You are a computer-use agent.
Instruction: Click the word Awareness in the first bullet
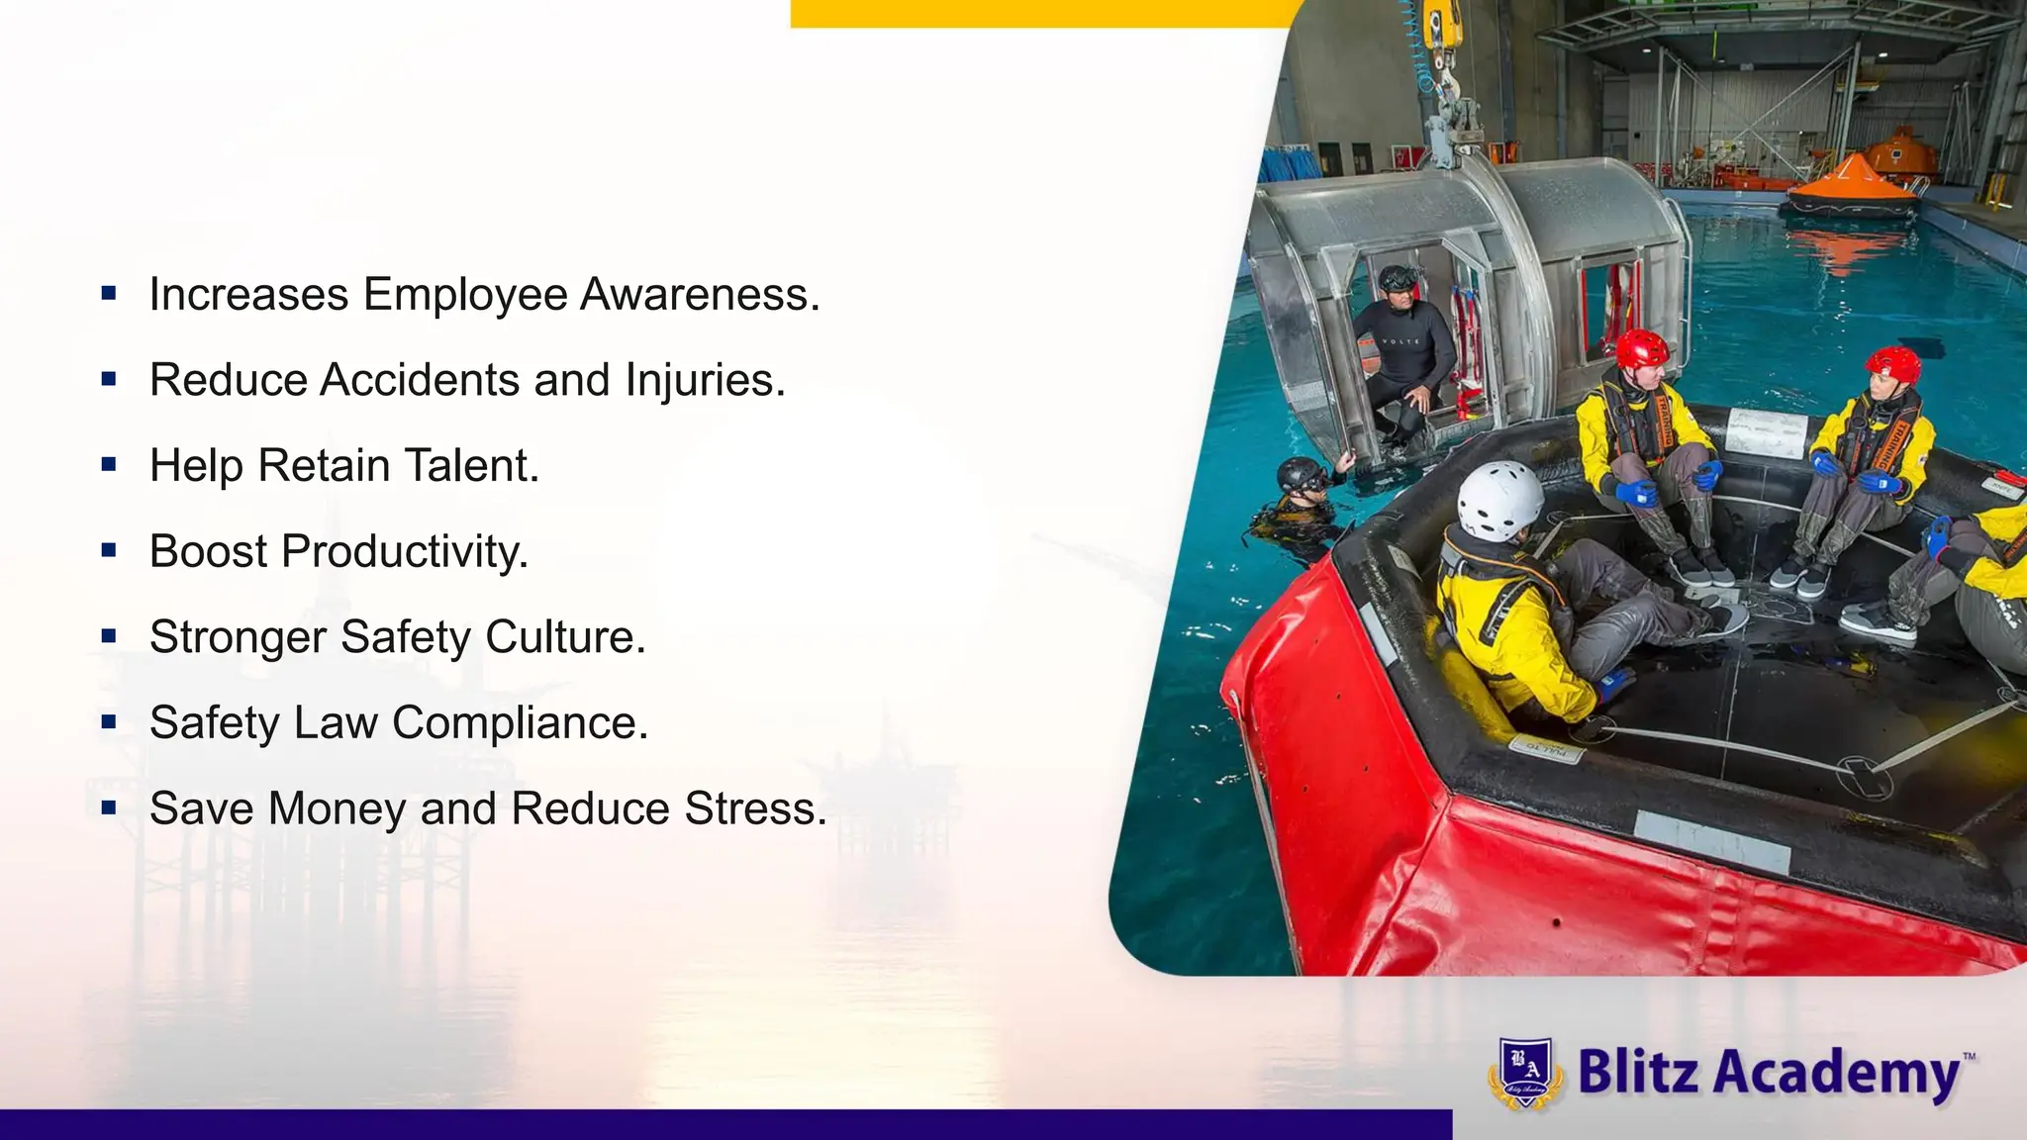[700, 294]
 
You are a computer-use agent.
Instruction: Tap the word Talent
[472, 465]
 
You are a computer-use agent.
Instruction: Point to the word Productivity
[405, 551]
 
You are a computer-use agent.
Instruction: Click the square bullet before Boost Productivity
[109, 550]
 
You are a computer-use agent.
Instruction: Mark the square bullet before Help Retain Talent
[109, 464]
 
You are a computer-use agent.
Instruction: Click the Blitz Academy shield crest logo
[1525, 1073]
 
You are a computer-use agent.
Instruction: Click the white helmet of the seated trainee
[1499, 500]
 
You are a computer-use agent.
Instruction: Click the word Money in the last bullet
[338, 808]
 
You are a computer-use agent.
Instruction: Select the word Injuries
[705, 380]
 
